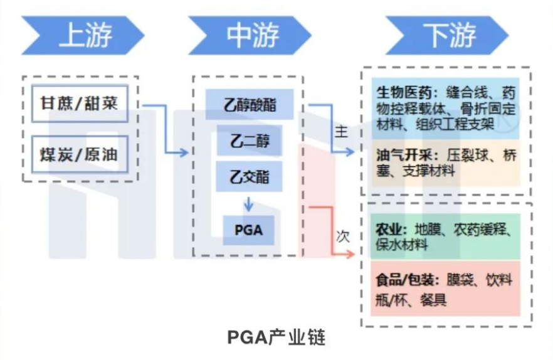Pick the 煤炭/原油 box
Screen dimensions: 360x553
point(79,154)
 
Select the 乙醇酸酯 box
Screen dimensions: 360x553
point(249,104)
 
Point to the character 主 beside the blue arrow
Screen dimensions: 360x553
point(341,132)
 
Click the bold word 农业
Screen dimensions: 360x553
point(388,230)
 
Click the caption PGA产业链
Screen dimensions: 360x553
point(276,337)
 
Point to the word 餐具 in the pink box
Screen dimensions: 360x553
point(433,300)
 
